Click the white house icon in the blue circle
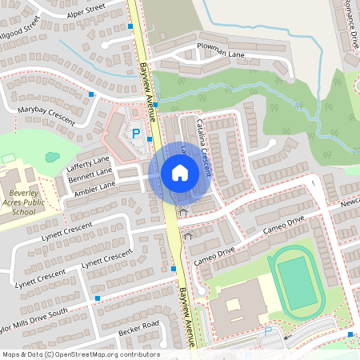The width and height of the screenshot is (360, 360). click(x=179, y=172)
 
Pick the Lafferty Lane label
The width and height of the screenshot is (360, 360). click(x=88, y=164)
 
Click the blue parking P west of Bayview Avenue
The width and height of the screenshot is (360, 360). click(x=135, y=134)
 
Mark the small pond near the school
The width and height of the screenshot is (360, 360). click(x=52, y=158)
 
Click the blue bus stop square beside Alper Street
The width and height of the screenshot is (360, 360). click(x=130, y=26)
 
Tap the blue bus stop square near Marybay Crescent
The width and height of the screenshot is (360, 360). click(x=91, y=94)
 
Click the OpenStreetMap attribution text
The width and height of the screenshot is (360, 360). click(x=80, y=354)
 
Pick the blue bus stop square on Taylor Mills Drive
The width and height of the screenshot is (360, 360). click(x=98, y=298)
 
